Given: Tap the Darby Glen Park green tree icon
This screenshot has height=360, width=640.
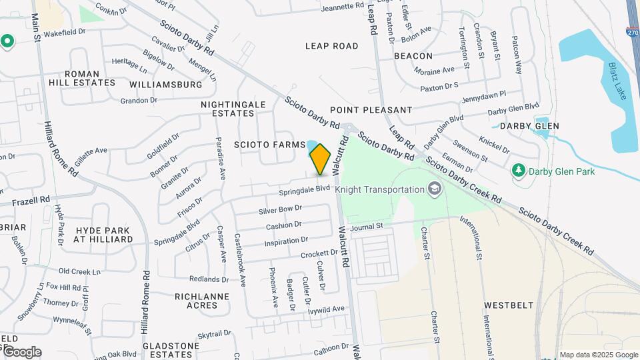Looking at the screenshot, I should pyautogui.click(x=518, y=171).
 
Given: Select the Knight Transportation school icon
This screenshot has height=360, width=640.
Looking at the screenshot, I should pyautogui.click(x=435, y=189).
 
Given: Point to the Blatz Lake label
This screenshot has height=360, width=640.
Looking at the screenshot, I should pyautogui.click(x=617, y=81).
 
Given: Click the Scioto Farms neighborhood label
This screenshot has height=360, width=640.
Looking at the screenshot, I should pyautogui.click(x=269, y=145).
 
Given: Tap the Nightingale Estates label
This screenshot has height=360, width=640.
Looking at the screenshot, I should pyautogui.click(x=233, y=109).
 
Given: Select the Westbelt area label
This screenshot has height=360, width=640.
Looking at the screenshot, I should pyautogui.click(x=509, y=305).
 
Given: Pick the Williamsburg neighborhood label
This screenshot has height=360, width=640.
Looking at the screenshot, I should pyautogui.click(x=166, y=85).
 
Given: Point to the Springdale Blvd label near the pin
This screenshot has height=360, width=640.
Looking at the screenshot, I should pyautogui.click(x=305, y=189).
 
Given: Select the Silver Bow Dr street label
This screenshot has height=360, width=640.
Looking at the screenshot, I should pyautogui.click(x=281, y=209).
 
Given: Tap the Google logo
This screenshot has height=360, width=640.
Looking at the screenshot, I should pyautogui.click(x=21, y=352).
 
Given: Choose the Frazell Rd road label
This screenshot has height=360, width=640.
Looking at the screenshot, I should pyautogui.click(x=31, y=200).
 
